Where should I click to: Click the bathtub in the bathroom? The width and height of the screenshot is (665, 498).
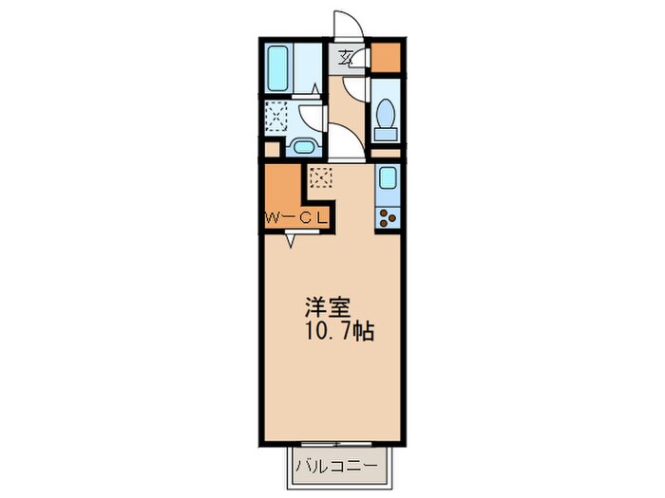coord(277,68)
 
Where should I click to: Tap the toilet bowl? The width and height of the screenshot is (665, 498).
coord(386,113)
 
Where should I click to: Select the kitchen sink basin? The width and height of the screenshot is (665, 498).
coord(388,178)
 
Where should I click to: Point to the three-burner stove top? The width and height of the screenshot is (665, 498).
coord(388,218)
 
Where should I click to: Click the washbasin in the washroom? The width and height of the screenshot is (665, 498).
coord(304,147)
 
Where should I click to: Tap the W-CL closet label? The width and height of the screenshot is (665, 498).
coord(295,218)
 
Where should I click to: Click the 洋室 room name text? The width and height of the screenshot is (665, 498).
coord(328,308)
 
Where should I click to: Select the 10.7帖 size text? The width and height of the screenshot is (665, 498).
coord(339,332)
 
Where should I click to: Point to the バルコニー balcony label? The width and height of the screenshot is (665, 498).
coord(336,467)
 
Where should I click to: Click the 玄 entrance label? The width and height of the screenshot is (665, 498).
coord(346,57)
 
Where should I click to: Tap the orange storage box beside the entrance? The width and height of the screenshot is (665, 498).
coord(386,57)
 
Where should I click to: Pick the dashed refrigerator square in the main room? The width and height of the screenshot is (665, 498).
coord(321,177)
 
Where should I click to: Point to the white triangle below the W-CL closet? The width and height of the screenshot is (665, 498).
coord(291,241)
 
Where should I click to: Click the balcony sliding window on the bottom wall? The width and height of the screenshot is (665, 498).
coord(336,444)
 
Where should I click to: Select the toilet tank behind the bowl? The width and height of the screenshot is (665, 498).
coord(386,135)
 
